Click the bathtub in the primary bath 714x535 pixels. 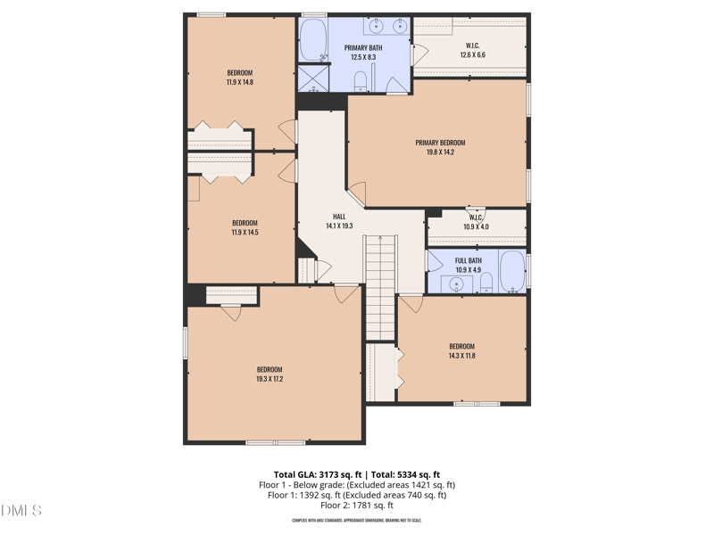[312, 39]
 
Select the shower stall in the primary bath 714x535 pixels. [312, 78]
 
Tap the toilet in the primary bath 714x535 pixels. [361, 83]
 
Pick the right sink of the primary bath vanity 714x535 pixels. [399, 25]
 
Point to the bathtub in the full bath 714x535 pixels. [512, 272]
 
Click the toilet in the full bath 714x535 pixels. [486, 284]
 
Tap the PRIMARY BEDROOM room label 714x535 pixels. [440, 143]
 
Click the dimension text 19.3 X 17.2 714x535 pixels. [270, 379]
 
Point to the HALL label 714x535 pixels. [339, 217]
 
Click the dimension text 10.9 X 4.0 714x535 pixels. [476, 226]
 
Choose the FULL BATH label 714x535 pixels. [469, 260]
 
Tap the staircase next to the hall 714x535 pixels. [380, 285]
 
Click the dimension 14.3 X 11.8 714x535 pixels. [461, 356]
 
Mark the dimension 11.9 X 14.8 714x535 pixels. [239, 82]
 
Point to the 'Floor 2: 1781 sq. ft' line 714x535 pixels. [357, 506]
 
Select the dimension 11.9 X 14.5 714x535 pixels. [245, 233]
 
